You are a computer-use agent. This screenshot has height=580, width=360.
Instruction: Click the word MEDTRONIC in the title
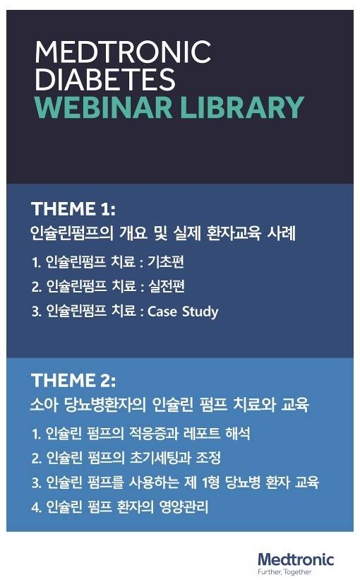pos(123,52)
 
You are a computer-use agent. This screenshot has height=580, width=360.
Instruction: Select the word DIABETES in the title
pos(105,79)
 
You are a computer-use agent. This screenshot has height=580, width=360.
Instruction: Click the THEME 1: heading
pos(73,208)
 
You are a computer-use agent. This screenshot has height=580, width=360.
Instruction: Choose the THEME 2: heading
pos(73,380)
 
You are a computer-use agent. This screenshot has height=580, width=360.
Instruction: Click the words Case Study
pos(183,312)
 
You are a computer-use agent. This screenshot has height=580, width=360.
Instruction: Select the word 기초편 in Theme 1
pos(166,261)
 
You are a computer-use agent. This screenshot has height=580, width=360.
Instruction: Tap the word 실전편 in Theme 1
pos(167,286)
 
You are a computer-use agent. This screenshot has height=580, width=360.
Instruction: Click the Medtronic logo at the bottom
pos(296,559)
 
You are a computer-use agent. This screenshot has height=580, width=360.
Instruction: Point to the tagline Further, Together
pos(284,572)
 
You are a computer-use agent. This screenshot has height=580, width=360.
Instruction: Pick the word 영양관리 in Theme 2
pos(184,507)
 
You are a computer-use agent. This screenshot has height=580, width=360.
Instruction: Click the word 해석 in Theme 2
pos(238,433)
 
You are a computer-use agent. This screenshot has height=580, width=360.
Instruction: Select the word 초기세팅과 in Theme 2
pos(160,458)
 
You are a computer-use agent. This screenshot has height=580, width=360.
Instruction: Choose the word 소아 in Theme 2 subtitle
pos(44,404)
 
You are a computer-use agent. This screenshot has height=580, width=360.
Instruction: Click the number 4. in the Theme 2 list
pos(36,507)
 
